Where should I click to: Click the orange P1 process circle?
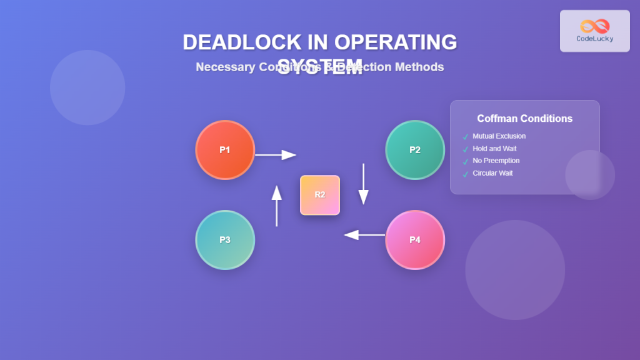[225, 150]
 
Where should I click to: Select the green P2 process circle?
[415, 150]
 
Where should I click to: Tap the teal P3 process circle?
[225, 240]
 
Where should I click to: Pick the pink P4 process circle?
[415, 240]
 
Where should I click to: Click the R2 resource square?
[320, 195]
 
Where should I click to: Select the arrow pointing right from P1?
[276, 154]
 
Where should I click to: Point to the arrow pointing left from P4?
[364, 235]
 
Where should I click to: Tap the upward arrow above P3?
[277, 206]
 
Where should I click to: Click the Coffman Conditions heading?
[524, 119]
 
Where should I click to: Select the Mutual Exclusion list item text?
[499, 136]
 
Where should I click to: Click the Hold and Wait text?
[494, 149]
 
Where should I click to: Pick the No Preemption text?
[496, 161]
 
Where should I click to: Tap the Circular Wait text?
[492, 173]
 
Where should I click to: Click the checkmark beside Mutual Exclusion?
[465, 137]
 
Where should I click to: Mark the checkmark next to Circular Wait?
[465, 174]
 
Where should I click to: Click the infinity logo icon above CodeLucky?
[594, 26]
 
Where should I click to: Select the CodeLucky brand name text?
[594, 39]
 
